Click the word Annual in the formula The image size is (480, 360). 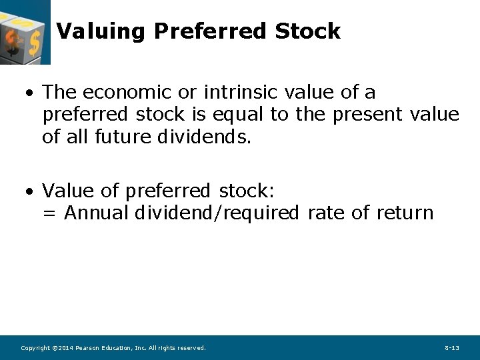[x=97, y=213]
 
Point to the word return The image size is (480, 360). [x=405, y=213]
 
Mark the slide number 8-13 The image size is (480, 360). [x=451, y=348]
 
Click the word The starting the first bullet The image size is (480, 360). [x=60, y=92]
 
